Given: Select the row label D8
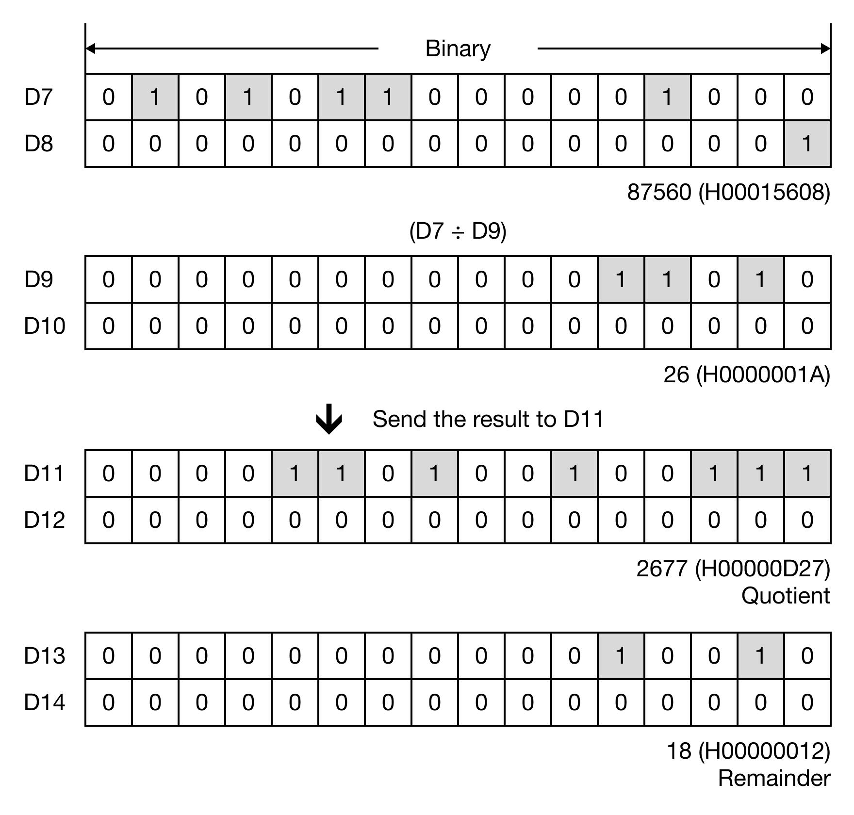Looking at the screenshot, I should click(x=38, y=144).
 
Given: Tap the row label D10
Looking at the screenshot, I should click(x=44, y=326).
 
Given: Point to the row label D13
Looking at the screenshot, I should click(x=44, y=656).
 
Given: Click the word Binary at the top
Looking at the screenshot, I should click(x=458, y=49).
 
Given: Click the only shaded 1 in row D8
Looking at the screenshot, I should click(x=807, y=144).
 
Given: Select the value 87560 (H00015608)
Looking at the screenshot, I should click(x=728, y=192).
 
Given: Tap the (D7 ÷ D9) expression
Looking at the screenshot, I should click(x=458, y=231).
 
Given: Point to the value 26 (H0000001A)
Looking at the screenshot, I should click(x=746, y=375).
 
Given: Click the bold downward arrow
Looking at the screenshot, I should click(x=329, y=419).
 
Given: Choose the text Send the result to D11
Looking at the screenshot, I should click(x=488, y=419).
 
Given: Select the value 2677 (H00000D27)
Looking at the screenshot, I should click(x=733, y=569).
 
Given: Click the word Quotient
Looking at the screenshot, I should click(x=786, y=596).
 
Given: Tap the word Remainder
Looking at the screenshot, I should click(x=773, y=778).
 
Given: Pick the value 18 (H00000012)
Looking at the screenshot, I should click(x=748, y=751).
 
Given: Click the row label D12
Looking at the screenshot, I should click(x=44, y=520).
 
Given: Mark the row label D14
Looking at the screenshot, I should click(x=44, y=702).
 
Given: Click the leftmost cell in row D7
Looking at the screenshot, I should click(x=109, y=98).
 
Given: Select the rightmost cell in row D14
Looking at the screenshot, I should click(x=807, y=702).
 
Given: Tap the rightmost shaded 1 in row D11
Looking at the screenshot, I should click(x=807, y=473).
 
